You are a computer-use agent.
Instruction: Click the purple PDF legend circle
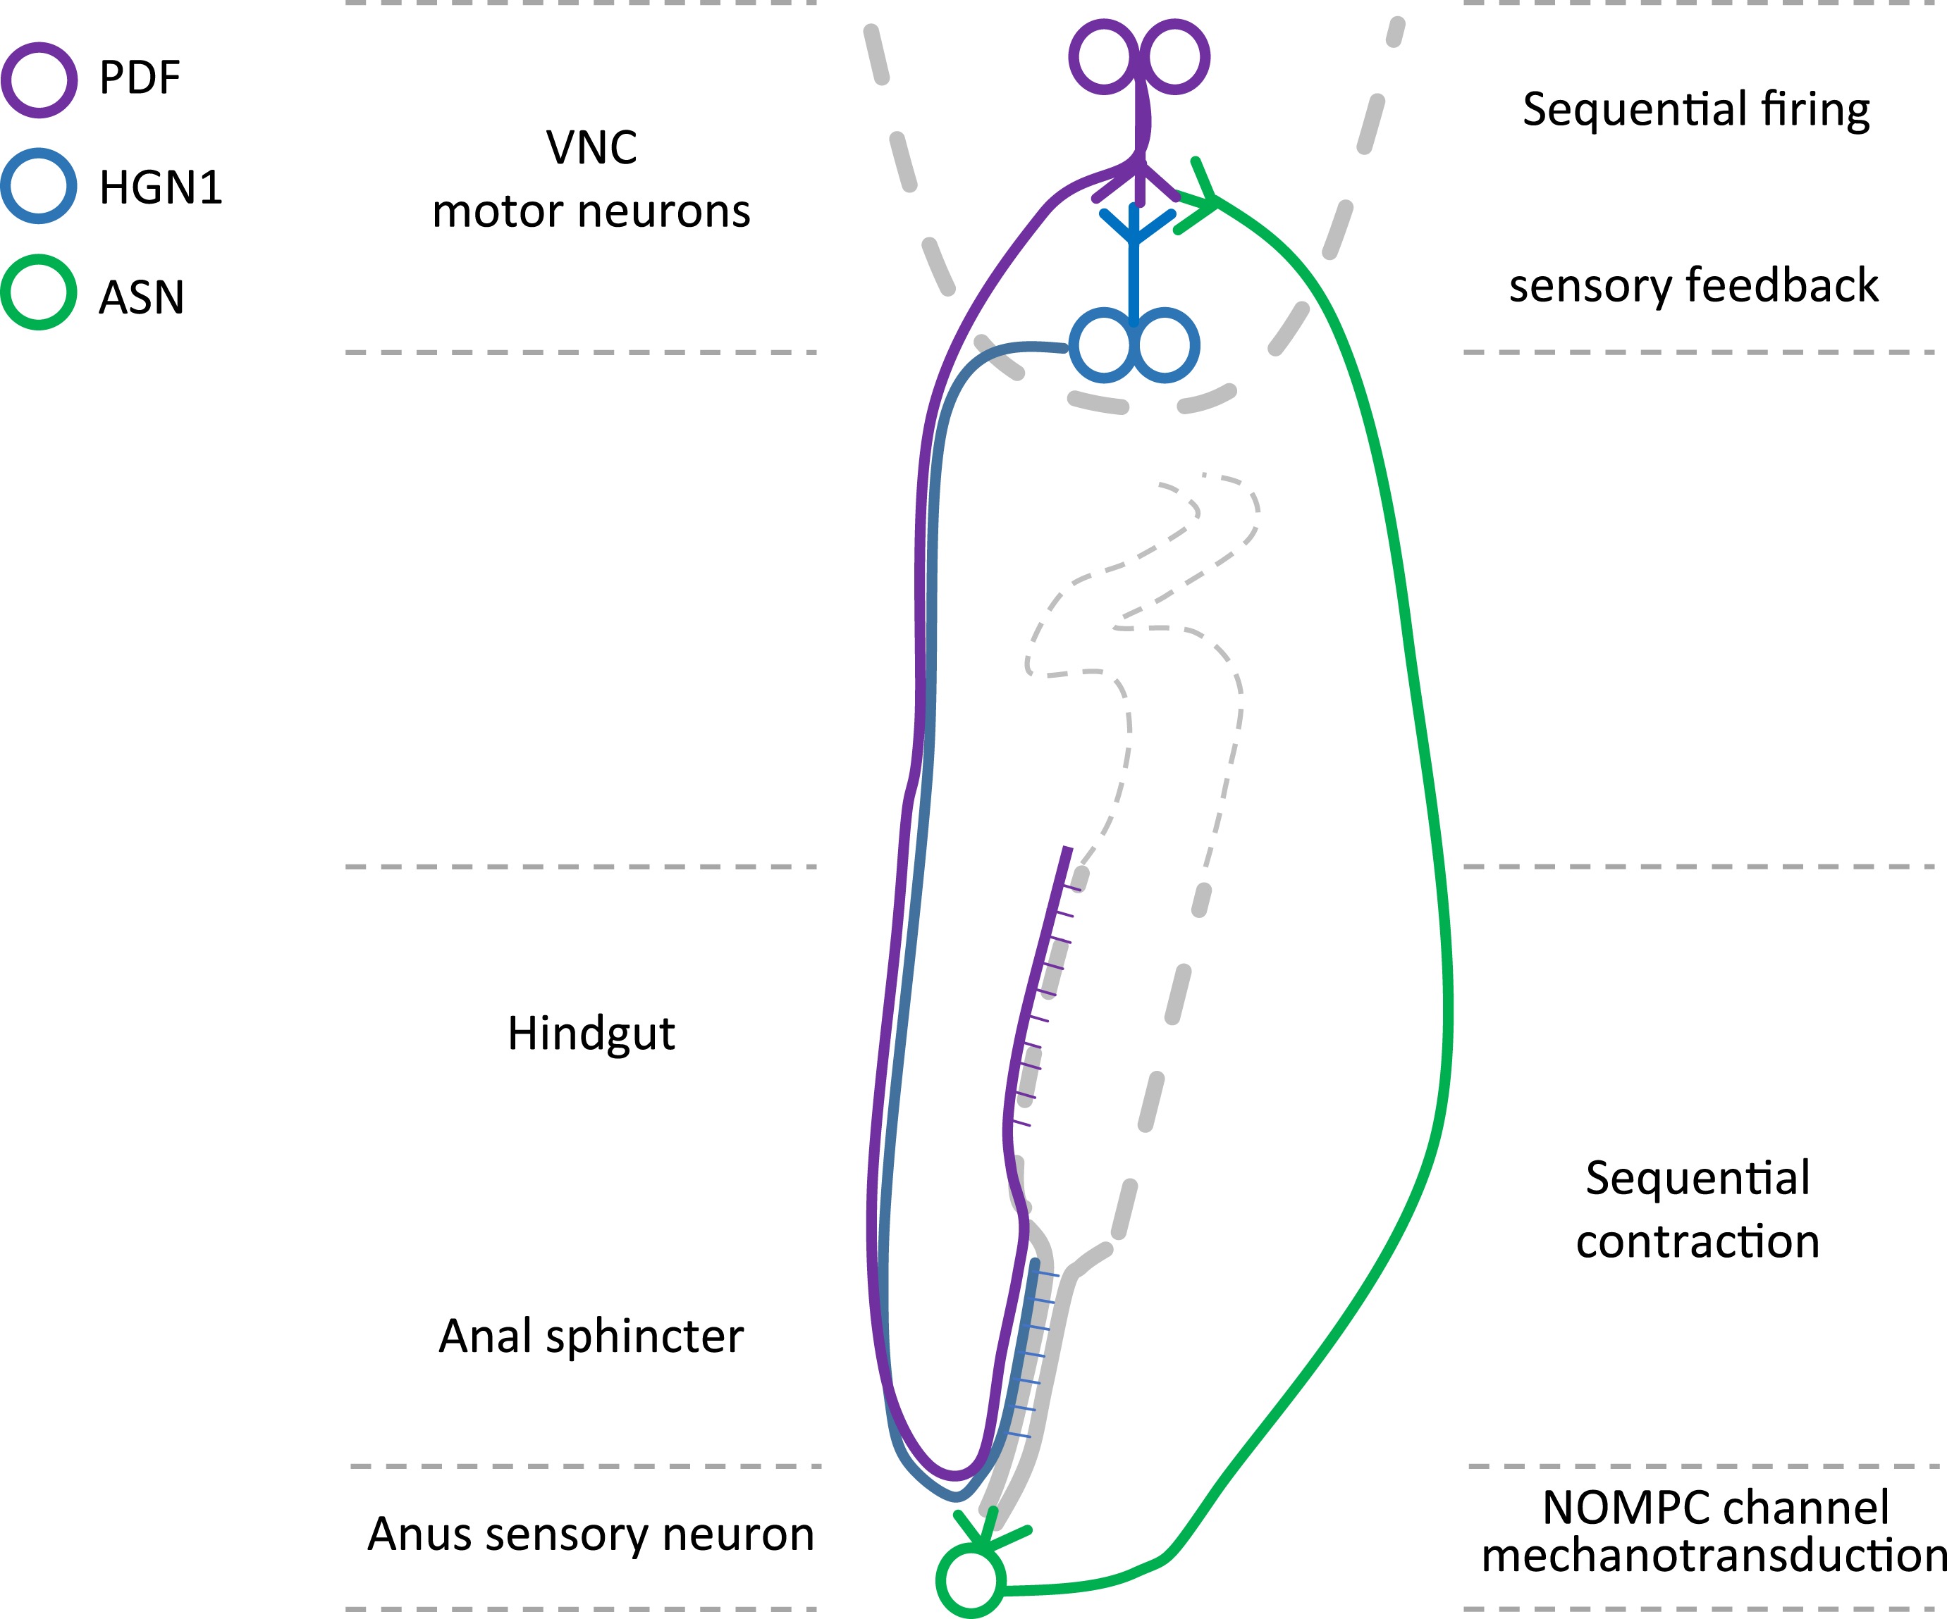[x=39, y=80]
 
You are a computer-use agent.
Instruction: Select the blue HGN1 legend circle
[x=39, y=185]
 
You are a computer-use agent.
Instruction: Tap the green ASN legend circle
[x=39, y=292]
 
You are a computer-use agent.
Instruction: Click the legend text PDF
[x=139, y=77]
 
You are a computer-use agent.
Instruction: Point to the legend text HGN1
[x=161, y=187]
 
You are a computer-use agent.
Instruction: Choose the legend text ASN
[x=141, y=297]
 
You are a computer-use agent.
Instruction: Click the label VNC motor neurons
[x=591, y=179]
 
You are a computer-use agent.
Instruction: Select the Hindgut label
[x=591, y=1034]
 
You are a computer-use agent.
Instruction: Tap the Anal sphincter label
[x=591, y=1335]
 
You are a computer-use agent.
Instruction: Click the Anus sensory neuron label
[x=591, y=1534]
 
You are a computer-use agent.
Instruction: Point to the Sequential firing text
[x=1696, y=109]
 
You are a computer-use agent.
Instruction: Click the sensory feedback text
[x=1693, y=285]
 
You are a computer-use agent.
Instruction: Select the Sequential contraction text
[x=1697, y=1210]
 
